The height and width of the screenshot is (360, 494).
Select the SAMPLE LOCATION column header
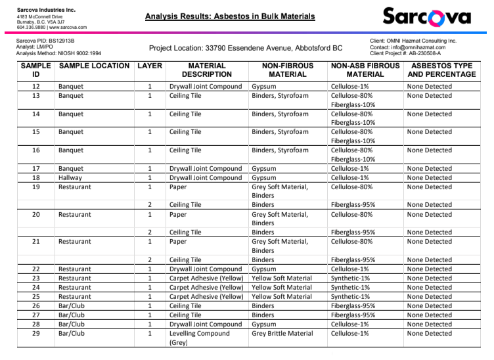tap(94, 66)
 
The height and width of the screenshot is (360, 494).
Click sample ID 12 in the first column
tap(36, 87)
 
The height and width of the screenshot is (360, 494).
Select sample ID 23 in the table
tap(36, 278)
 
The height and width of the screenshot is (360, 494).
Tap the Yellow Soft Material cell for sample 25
tap(282, 296)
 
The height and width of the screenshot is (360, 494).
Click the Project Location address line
tap(246, 48)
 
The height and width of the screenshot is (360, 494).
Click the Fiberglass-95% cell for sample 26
tap(353, 305)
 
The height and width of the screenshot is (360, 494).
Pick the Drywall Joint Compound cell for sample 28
tap(206, 325)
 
